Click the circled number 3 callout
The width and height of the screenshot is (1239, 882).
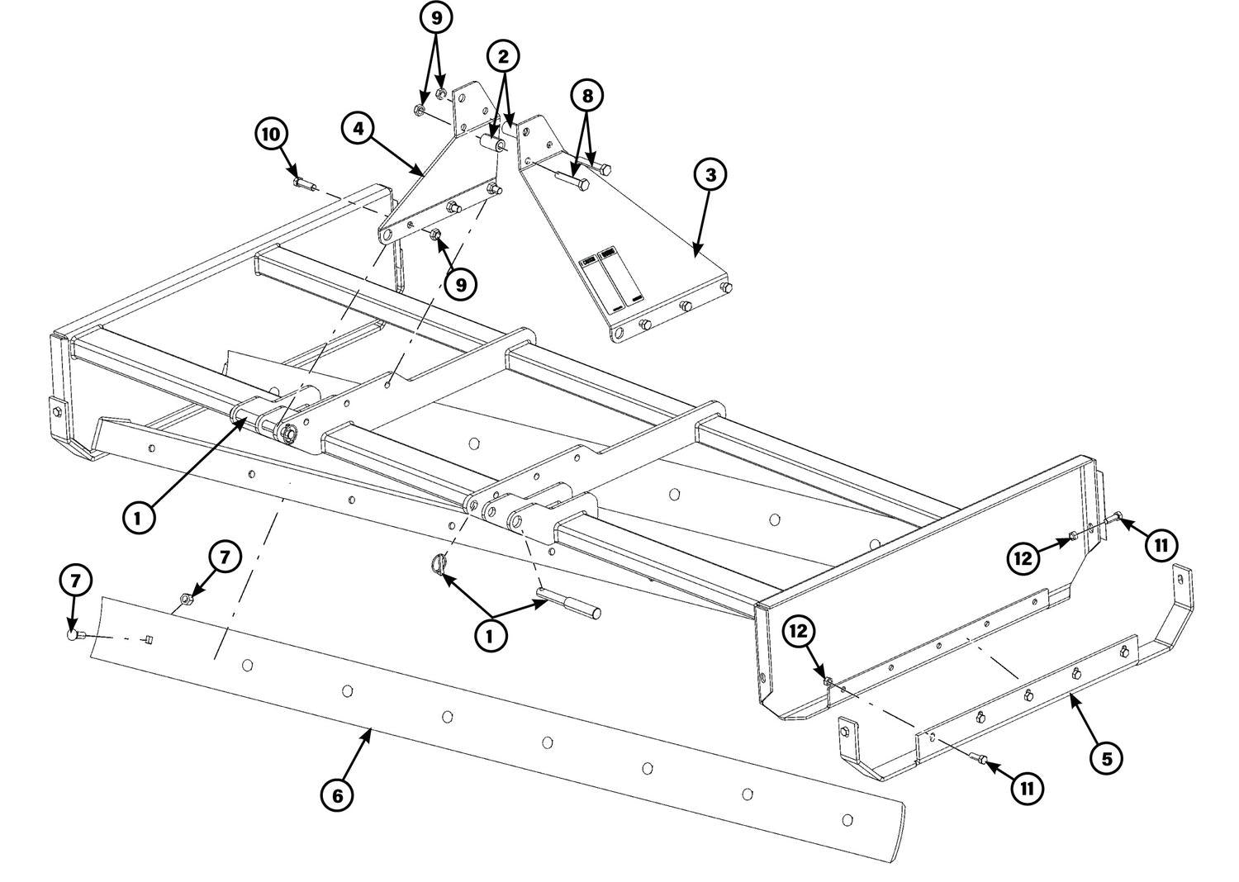click(x=710, y=175)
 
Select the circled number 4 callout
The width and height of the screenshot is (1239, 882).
click(x=359, y=128)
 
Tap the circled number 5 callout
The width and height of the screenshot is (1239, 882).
click(x=1106, y=759)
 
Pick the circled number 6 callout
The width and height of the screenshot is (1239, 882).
click(x=337, y=796)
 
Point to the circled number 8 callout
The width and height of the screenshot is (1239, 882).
click(x=587, y=97)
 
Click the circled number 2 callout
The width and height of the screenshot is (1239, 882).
click(x=503, y=56)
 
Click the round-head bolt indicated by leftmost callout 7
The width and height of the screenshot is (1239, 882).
click(x=74, y=636)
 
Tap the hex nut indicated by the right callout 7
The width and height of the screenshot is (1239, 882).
click(x=186, y=598)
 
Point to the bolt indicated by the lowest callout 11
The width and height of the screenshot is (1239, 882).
click(x=978, y=759)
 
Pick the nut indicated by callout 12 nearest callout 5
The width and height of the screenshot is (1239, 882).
click(x=828, y=680)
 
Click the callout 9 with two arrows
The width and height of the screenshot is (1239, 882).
click(x=436, y=18)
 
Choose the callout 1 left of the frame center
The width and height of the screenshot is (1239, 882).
click(x=138, y=518)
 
